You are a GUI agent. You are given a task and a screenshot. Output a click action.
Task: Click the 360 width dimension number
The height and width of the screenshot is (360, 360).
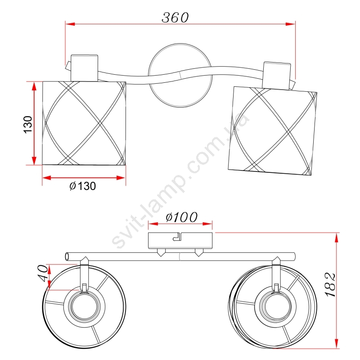[x=175, y=18]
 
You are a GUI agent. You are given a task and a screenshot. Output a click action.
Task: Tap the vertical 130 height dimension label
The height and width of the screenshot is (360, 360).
[x=28, y=125]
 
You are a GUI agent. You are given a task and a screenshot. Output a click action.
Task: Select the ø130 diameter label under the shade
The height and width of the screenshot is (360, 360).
[x=82, y=186]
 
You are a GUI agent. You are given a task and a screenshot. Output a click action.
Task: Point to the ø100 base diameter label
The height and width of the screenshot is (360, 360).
[x=181, y=217]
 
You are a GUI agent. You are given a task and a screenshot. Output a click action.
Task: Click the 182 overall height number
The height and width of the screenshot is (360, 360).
[x=331, y=285]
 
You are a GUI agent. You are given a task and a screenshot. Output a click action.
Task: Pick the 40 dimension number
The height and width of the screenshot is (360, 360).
[x=43, y=273]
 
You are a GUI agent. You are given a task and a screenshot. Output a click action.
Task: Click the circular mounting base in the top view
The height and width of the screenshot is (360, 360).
[x=180, y=75]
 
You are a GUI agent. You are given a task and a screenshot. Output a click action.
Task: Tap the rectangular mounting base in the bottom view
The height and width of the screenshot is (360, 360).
[x=180, y=241]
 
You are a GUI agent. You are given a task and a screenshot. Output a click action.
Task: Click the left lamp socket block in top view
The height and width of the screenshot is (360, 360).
[x=84, y=68]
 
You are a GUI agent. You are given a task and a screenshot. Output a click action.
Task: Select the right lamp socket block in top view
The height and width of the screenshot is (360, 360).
[x=277, y=76]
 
